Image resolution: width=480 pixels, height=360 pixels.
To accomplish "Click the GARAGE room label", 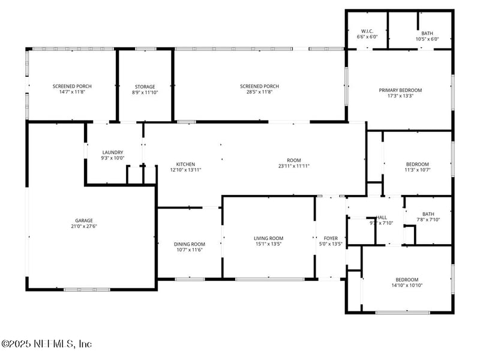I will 84,220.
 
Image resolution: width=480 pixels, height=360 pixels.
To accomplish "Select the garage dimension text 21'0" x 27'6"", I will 84,226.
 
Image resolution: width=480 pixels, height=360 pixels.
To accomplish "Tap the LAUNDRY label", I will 113,152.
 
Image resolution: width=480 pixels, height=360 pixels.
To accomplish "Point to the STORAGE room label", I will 145,86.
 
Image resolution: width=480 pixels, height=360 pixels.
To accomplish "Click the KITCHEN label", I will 185,164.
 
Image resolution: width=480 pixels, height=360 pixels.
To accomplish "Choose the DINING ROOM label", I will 190,244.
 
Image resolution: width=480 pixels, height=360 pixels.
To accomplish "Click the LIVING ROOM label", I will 268,238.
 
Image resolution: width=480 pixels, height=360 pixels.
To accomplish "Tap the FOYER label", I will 331,238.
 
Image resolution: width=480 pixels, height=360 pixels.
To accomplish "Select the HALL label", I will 382,217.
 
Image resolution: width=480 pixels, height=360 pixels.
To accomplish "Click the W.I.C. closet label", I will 368,31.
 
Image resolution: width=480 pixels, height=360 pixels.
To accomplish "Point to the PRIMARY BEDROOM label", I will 400,90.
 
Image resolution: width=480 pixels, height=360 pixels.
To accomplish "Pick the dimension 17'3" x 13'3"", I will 400,96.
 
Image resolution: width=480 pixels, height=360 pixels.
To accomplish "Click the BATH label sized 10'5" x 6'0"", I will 427,34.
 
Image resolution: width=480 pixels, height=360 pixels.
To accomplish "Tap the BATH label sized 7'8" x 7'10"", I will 428,214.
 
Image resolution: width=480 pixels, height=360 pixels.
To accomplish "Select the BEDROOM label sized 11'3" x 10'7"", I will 417,164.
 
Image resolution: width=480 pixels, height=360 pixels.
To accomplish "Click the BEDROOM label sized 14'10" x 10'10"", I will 407,279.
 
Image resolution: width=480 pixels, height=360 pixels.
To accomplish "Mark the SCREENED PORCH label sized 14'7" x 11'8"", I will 72,86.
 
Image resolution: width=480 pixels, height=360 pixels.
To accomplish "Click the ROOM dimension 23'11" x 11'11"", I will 293,166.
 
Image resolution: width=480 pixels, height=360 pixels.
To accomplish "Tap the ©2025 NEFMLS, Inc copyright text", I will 47,344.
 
